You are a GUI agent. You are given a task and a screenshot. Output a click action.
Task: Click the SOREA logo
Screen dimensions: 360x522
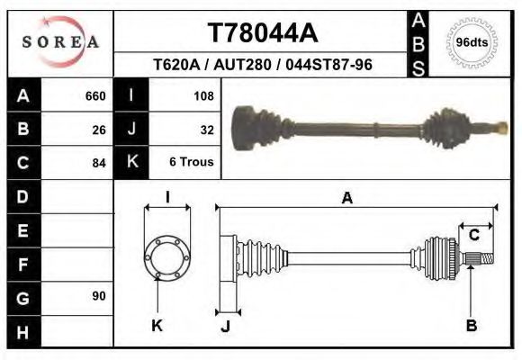coord(60,41)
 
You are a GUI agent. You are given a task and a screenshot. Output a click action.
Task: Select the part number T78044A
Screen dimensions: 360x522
coord(263,33)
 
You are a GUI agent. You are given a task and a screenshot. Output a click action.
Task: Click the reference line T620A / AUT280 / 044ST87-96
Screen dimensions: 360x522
coord(263,66)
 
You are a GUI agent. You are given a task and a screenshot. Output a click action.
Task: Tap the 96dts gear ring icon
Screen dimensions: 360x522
coord(472,42)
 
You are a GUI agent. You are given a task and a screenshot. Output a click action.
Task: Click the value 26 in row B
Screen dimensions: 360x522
coord(99,130)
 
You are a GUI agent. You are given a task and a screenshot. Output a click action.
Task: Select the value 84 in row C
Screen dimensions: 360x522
coord(99,163)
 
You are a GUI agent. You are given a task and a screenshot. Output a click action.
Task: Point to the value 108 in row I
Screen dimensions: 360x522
coord(203,96)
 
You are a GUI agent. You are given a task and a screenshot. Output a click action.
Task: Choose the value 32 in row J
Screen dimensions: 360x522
coord(207,130)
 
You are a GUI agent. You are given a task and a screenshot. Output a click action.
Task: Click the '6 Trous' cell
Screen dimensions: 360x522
coord(192,163)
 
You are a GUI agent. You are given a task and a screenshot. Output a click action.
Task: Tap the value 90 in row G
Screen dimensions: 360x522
coord(99,296)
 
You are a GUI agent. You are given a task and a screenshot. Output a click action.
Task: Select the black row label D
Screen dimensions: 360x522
coord(22,196)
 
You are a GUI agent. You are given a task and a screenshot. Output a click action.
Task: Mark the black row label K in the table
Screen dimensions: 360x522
coord(131,163)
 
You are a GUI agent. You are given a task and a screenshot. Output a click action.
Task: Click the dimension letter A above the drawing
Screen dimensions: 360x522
coord(346,199)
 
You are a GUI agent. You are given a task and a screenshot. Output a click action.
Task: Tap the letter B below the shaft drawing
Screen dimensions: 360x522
coord(471,326)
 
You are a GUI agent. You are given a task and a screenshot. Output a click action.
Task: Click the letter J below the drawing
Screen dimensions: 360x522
coord(226,326)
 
